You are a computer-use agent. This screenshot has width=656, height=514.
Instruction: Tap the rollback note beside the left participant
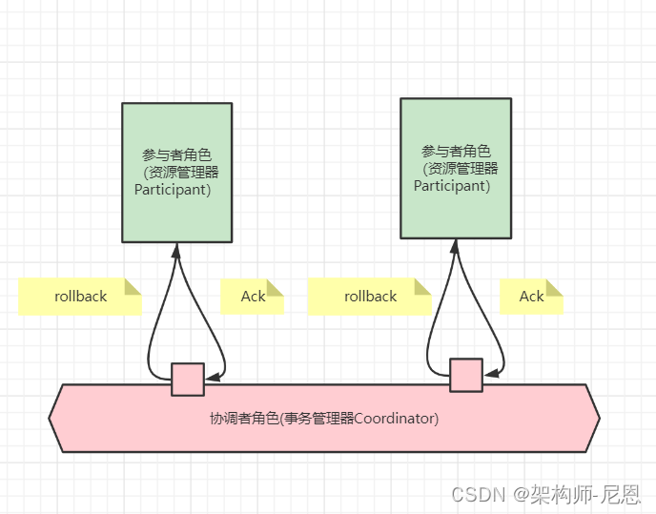click(x=80, y=296)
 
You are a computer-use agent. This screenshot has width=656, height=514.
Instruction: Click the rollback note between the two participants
click(x=370, y=296)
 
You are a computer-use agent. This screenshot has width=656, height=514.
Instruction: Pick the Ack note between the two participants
click(x=253, y=296)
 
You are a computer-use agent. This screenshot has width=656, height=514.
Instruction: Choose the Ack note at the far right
click(x=531, y=296)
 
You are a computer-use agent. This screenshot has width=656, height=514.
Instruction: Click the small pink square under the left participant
click(x=188, y=379)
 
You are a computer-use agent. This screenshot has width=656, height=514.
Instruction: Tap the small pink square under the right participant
click(x=466, y=375)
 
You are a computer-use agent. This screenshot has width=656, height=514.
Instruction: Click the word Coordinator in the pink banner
click(x=396, y=419)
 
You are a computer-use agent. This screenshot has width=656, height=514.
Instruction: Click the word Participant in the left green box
click(x=173, y=190)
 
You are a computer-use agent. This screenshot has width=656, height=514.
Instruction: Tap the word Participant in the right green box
click(x=452, y=186)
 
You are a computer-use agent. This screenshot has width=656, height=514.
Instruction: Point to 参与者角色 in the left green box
click(x=176, y=154)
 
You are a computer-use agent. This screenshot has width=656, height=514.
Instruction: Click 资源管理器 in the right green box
click(x=463, y=169)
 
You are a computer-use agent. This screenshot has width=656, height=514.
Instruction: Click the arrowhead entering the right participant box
click(x=454, y=245)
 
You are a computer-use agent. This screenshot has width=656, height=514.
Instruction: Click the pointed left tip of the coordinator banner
click(x=51, y=418)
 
